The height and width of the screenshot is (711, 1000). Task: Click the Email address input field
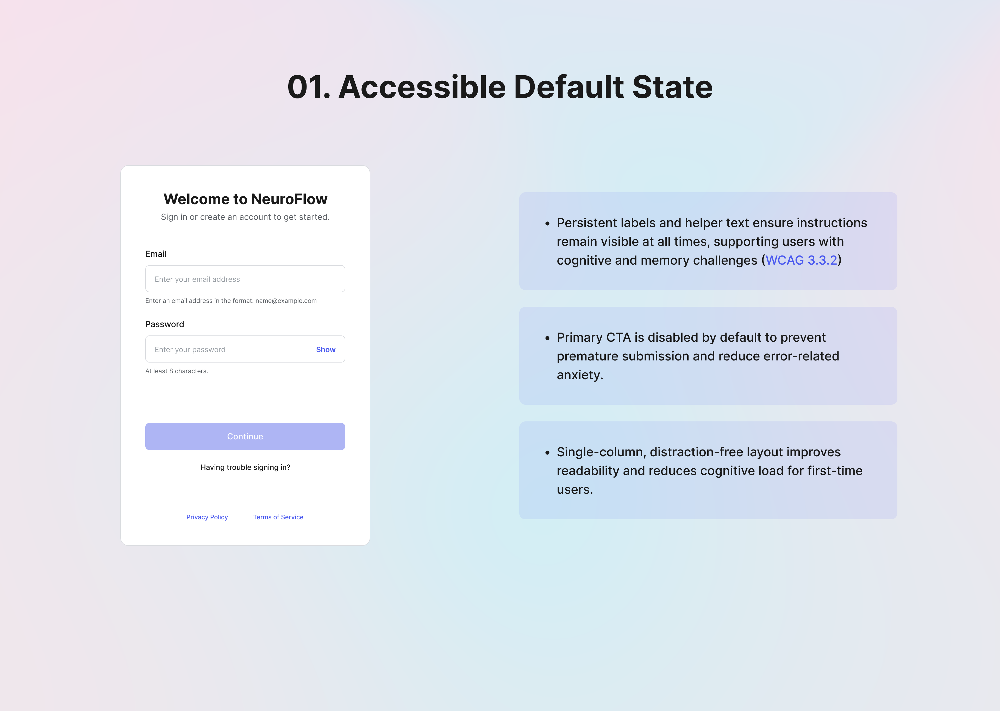pos(245,279)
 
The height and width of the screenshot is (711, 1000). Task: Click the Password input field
pos(228,349)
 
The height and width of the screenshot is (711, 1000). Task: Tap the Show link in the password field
pos(326,349)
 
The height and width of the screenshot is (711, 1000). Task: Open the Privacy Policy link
pos(207,517)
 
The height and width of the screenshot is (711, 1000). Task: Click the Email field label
pos(156,254)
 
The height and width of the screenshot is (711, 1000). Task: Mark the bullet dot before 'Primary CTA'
pos(547,338)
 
